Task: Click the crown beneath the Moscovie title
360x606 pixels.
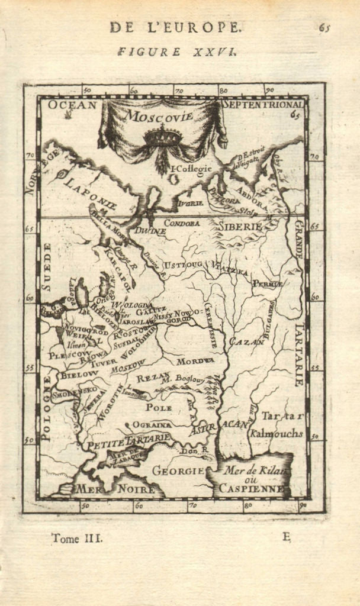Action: tap(162, 137)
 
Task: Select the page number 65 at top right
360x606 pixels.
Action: tap(324, 27)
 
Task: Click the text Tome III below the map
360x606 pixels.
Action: tap(77, 538)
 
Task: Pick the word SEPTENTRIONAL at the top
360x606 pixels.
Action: tap(262, 105)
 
